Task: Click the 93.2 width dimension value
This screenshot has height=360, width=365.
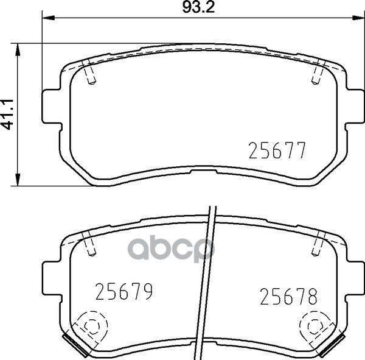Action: point(198,8)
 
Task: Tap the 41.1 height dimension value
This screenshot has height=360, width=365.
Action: point(8,115)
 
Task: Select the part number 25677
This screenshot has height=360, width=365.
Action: point(277,150)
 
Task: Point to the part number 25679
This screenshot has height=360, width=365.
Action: point(124,291)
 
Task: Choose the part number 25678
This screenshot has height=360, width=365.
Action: point(288,297)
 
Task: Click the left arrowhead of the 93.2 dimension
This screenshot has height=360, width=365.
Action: point(48,18)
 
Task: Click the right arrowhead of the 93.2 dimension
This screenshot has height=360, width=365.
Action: point(358,18)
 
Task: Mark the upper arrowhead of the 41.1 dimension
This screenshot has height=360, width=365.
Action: point(18,49)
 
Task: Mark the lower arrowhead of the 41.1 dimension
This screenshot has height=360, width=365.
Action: point(18,180)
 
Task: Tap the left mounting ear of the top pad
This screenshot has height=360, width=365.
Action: point(52,107)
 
